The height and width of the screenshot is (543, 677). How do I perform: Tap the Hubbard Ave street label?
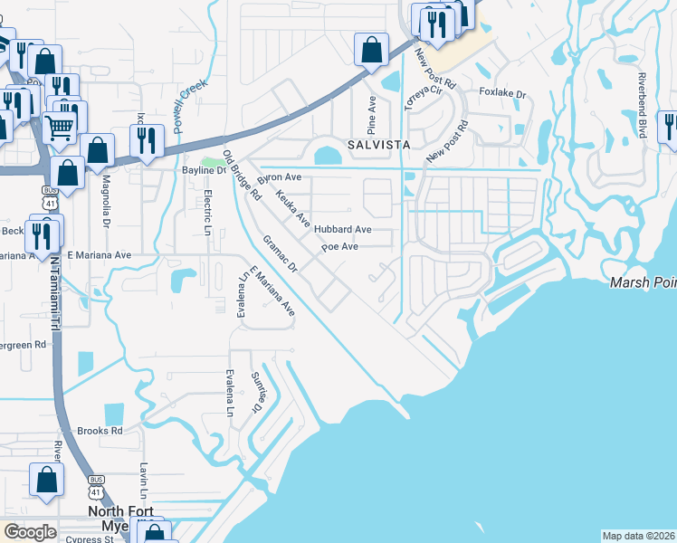pyautogui.click(x=343, y=230)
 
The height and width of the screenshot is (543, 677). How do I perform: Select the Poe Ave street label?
pyautogui.click(x=340, y=246)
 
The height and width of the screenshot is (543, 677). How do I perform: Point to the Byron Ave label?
pyautogui.click(x=280, y=178)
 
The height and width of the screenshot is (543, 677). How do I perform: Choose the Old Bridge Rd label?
pyautogui.click(x=242, y=175)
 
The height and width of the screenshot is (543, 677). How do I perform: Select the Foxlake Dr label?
pyautogui.click(x=502, y=92)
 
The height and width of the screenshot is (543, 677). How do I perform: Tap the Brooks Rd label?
pyautogui.click(x=100, y=431)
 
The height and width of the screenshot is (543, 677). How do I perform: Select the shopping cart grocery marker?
pyautogui.click(x=61, y=128)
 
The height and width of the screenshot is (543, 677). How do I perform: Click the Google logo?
pyautogui.click(x=30, y=532)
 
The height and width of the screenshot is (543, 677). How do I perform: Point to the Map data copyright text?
pyautogui.click(x=637, y=536)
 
